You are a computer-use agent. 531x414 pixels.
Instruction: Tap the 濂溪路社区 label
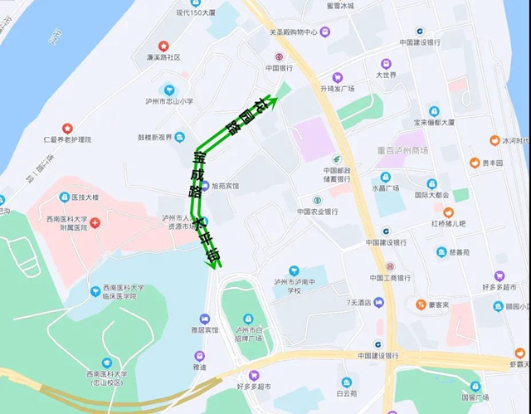click(162, 57)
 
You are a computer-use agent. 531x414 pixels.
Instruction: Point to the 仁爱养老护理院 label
click(66, 140)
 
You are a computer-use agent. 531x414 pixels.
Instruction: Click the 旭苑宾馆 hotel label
click(225, 186)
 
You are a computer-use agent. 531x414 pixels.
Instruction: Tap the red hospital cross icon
click(96, 223)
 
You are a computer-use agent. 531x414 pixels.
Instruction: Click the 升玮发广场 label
click(355, 89)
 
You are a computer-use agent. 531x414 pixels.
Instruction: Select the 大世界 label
click(386, 75)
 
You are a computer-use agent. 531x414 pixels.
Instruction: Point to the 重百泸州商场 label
click(402, 151)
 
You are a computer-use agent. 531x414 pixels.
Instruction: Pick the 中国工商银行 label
click(389, 277)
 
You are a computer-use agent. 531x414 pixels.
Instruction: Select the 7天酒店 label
click(359, 303)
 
